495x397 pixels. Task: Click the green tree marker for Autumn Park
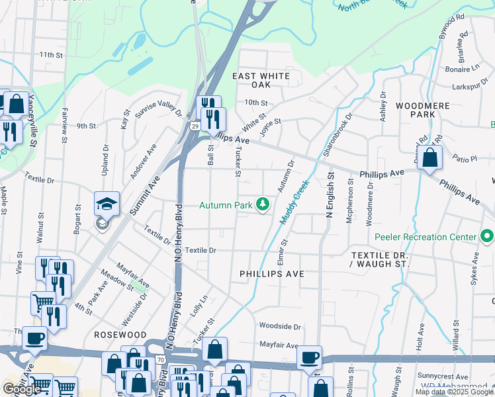tap(263, 205)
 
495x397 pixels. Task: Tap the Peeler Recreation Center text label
tap(425, 237)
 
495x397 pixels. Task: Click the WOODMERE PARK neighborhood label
tap(422, 110)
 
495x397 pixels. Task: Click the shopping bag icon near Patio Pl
tap(430, 159)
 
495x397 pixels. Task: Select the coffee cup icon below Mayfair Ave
tap(309, 359)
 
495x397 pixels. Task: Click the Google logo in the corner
tap(22, 388)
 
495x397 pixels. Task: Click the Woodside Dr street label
tap(280, 326)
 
